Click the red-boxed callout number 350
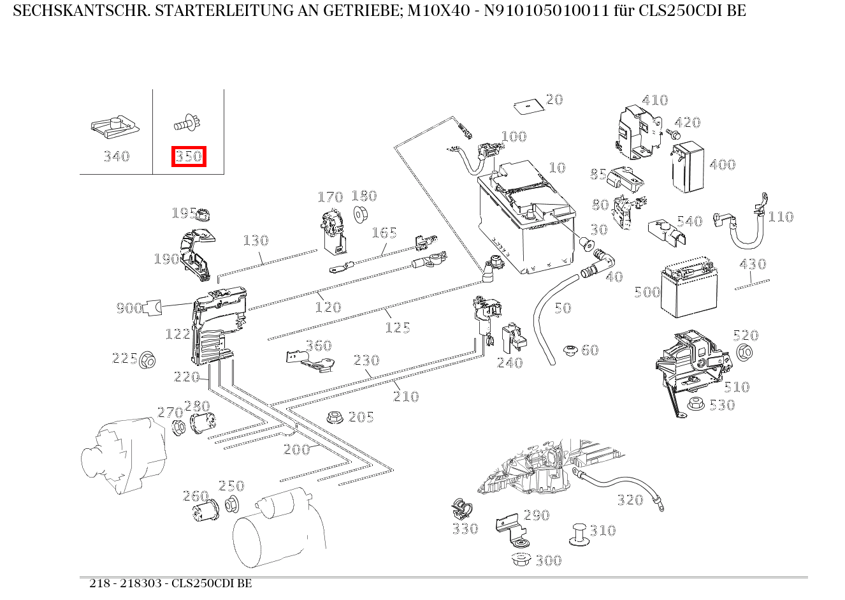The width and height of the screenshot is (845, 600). coord(189,156)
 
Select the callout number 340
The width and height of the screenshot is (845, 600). coord(117,156)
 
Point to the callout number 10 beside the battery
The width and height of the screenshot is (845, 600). coord(557,168)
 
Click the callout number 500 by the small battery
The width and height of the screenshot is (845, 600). coord(647,292)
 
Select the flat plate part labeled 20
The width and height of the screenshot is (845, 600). coord(526,105)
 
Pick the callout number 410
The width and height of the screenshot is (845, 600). coord(654,100)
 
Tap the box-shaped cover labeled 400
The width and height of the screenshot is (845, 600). coord(688,167)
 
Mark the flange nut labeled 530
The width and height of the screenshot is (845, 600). coord(696,404)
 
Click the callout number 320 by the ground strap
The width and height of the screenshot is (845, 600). coord(630,501)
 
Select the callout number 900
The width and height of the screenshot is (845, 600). coord(129,309)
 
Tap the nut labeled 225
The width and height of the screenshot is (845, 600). coord(148,360)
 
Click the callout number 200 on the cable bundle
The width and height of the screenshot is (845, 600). coord(296,450)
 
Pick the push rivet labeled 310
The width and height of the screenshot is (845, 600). coord(579,534)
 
